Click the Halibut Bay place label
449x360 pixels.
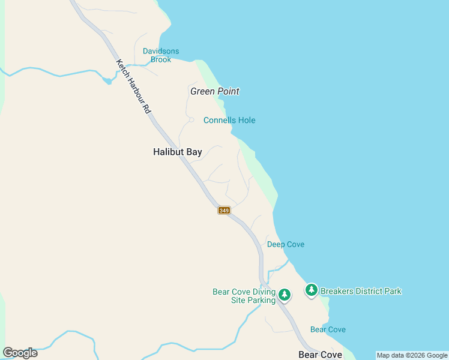tap(177, 152)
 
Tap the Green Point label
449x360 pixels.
tap(214, 92)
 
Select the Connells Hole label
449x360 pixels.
tap(229, 121)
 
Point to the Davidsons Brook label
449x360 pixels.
tap(161, 55)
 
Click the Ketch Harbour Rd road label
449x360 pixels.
tap(133, 87)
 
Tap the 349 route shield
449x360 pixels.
tap(224, 210)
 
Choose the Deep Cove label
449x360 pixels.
tap(286, 244)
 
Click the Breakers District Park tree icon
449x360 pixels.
tap(311, 290)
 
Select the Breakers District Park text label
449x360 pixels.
tap(361, 292)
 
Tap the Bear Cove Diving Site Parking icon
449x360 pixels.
tap(285, 295)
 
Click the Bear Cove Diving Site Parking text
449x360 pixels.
tap(244, 296)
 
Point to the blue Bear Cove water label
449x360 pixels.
tap(328, 329)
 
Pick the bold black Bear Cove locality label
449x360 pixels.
tap(320, 355)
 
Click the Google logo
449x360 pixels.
tap(20, 353)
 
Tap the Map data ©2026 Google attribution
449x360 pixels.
tap(412, 355)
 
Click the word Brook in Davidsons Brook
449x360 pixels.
tap(161, 59)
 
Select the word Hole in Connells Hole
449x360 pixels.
tap(246, 121)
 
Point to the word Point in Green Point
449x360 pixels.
tap(228, 92)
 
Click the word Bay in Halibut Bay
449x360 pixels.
tap(194, 152)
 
